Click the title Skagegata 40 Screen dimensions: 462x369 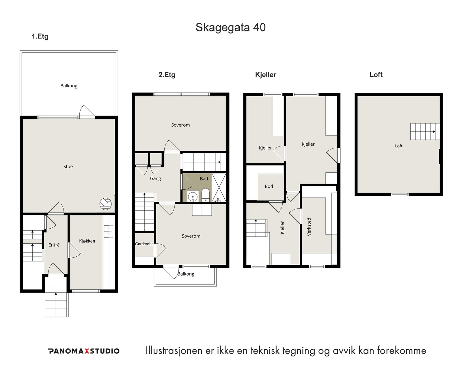tap(231, 27)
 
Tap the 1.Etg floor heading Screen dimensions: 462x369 tap(40, 36)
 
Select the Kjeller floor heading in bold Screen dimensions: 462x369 tap(266, 75)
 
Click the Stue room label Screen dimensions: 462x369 tap(68, 167)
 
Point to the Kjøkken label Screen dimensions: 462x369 tap(87, 241)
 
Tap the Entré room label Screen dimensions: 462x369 tap(54, 245)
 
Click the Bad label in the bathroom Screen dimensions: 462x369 tap(204, 179)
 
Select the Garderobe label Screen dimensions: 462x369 tap(144, 244)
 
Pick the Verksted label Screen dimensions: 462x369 tap(309, 227)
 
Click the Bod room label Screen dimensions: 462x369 tap(269, 187)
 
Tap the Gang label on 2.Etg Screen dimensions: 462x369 tap(155, 179)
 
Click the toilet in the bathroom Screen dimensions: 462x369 tap(205, 195)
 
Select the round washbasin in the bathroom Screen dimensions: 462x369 tap(193, 196)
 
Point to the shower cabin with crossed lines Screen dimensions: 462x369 tap(219, 188)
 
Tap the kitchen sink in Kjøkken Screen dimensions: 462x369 tap(109, 231)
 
